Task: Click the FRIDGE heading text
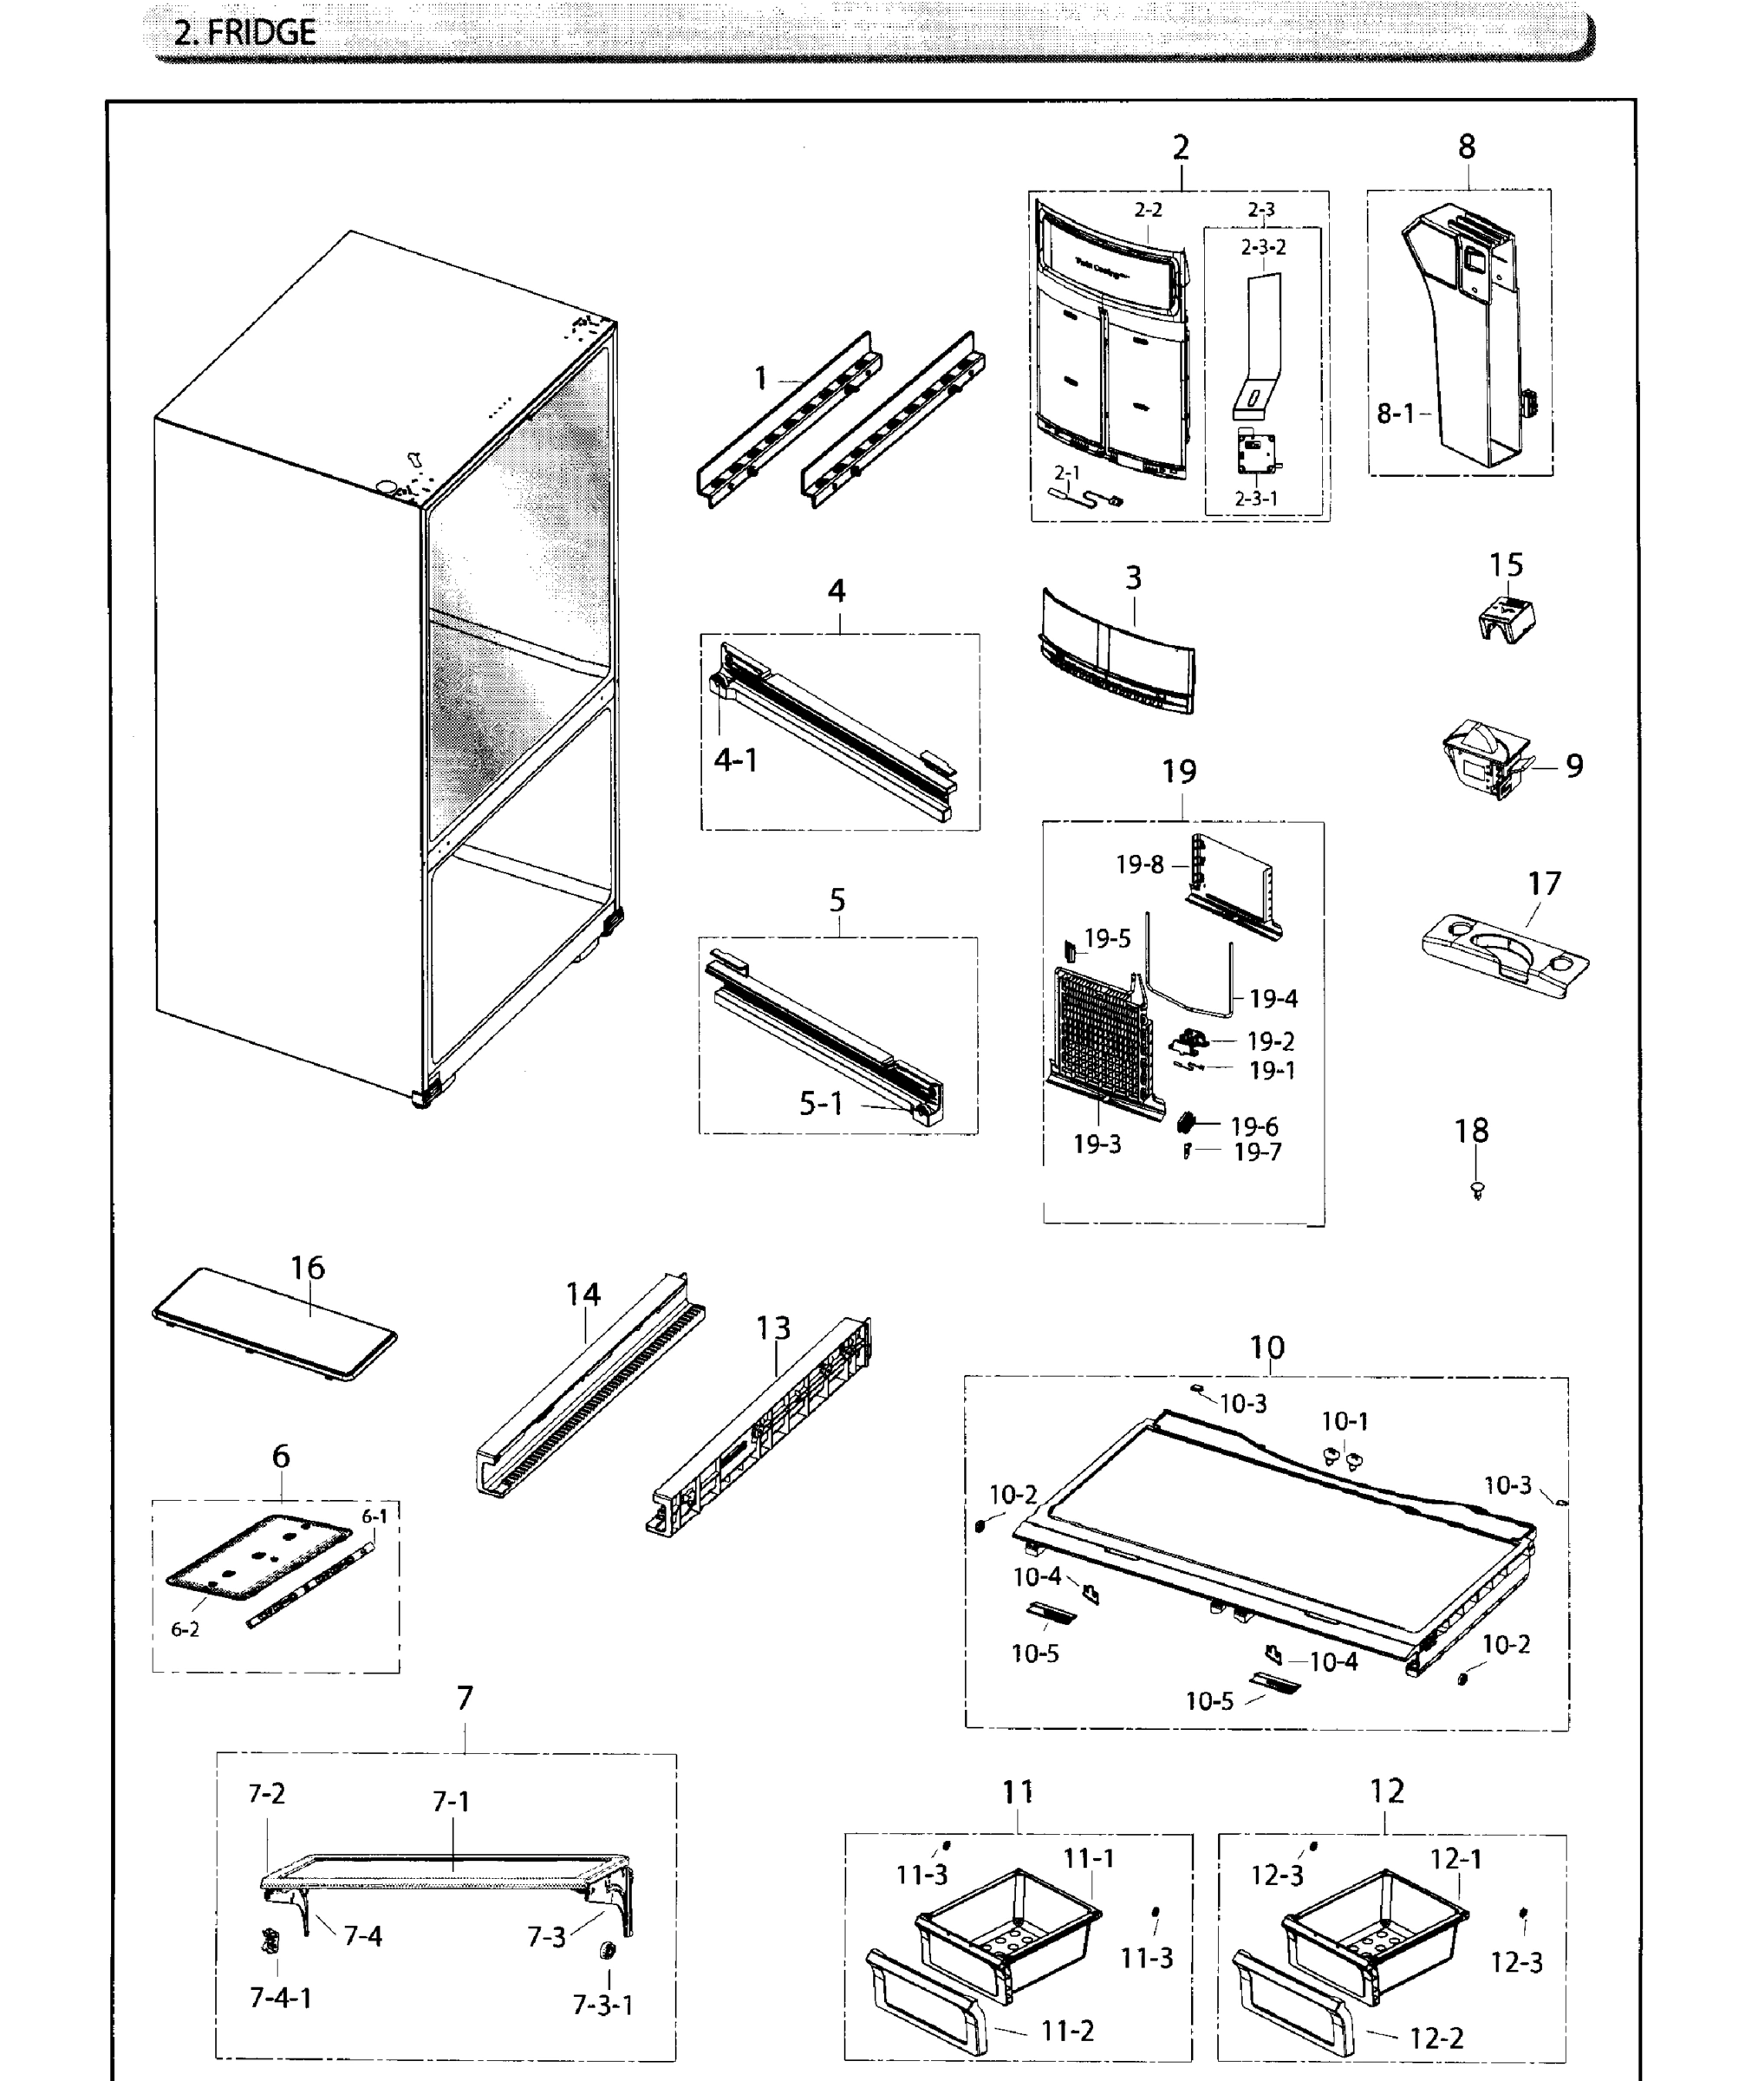(244, 33)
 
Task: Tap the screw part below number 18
(1477, 1189)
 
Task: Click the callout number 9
(1574, 766)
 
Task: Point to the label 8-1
(1396, 414)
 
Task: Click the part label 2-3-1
(1256, 499)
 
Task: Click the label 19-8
(1139, 865)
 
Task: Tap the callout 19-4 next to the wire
(1273, 998)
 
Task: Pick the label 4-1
(735, 760)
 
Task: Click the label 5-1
(821, 1103)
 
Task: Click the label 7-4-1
(280, 1999)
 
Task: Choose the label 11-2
(1067, 2032)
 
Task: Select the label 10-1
(1345, 1421)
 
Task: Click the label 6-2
(186, 1629)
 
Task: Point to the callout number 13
(773, 1328)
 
